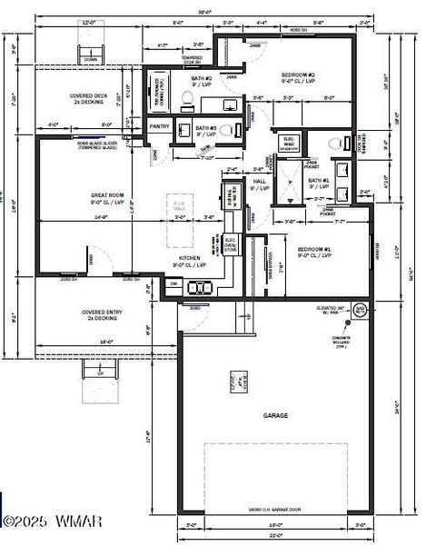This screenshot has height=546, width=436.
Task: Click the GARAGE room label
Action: [x=275, y=415]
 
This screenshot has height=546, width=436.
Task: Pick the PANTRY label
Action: [x=160, y=126]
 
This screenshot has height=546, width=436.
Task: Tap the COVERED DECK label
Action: [x=90, y=96]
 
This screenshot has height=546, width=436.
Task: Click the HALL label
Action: [x=259, y=182]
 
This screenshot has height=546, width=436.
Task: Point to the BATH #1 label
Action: [x=318, y=181]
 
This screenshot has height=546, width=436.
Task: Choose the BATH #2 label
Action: [x=201, y=79]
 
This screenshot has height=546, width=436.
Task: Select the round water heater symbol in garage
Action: [x=360, y=310]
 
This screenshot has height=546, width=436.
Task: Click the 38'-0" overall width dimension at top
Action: [x=203, y=12]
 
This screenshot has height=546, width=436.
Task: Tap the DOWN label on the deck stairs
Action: [x=90, y=59]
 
